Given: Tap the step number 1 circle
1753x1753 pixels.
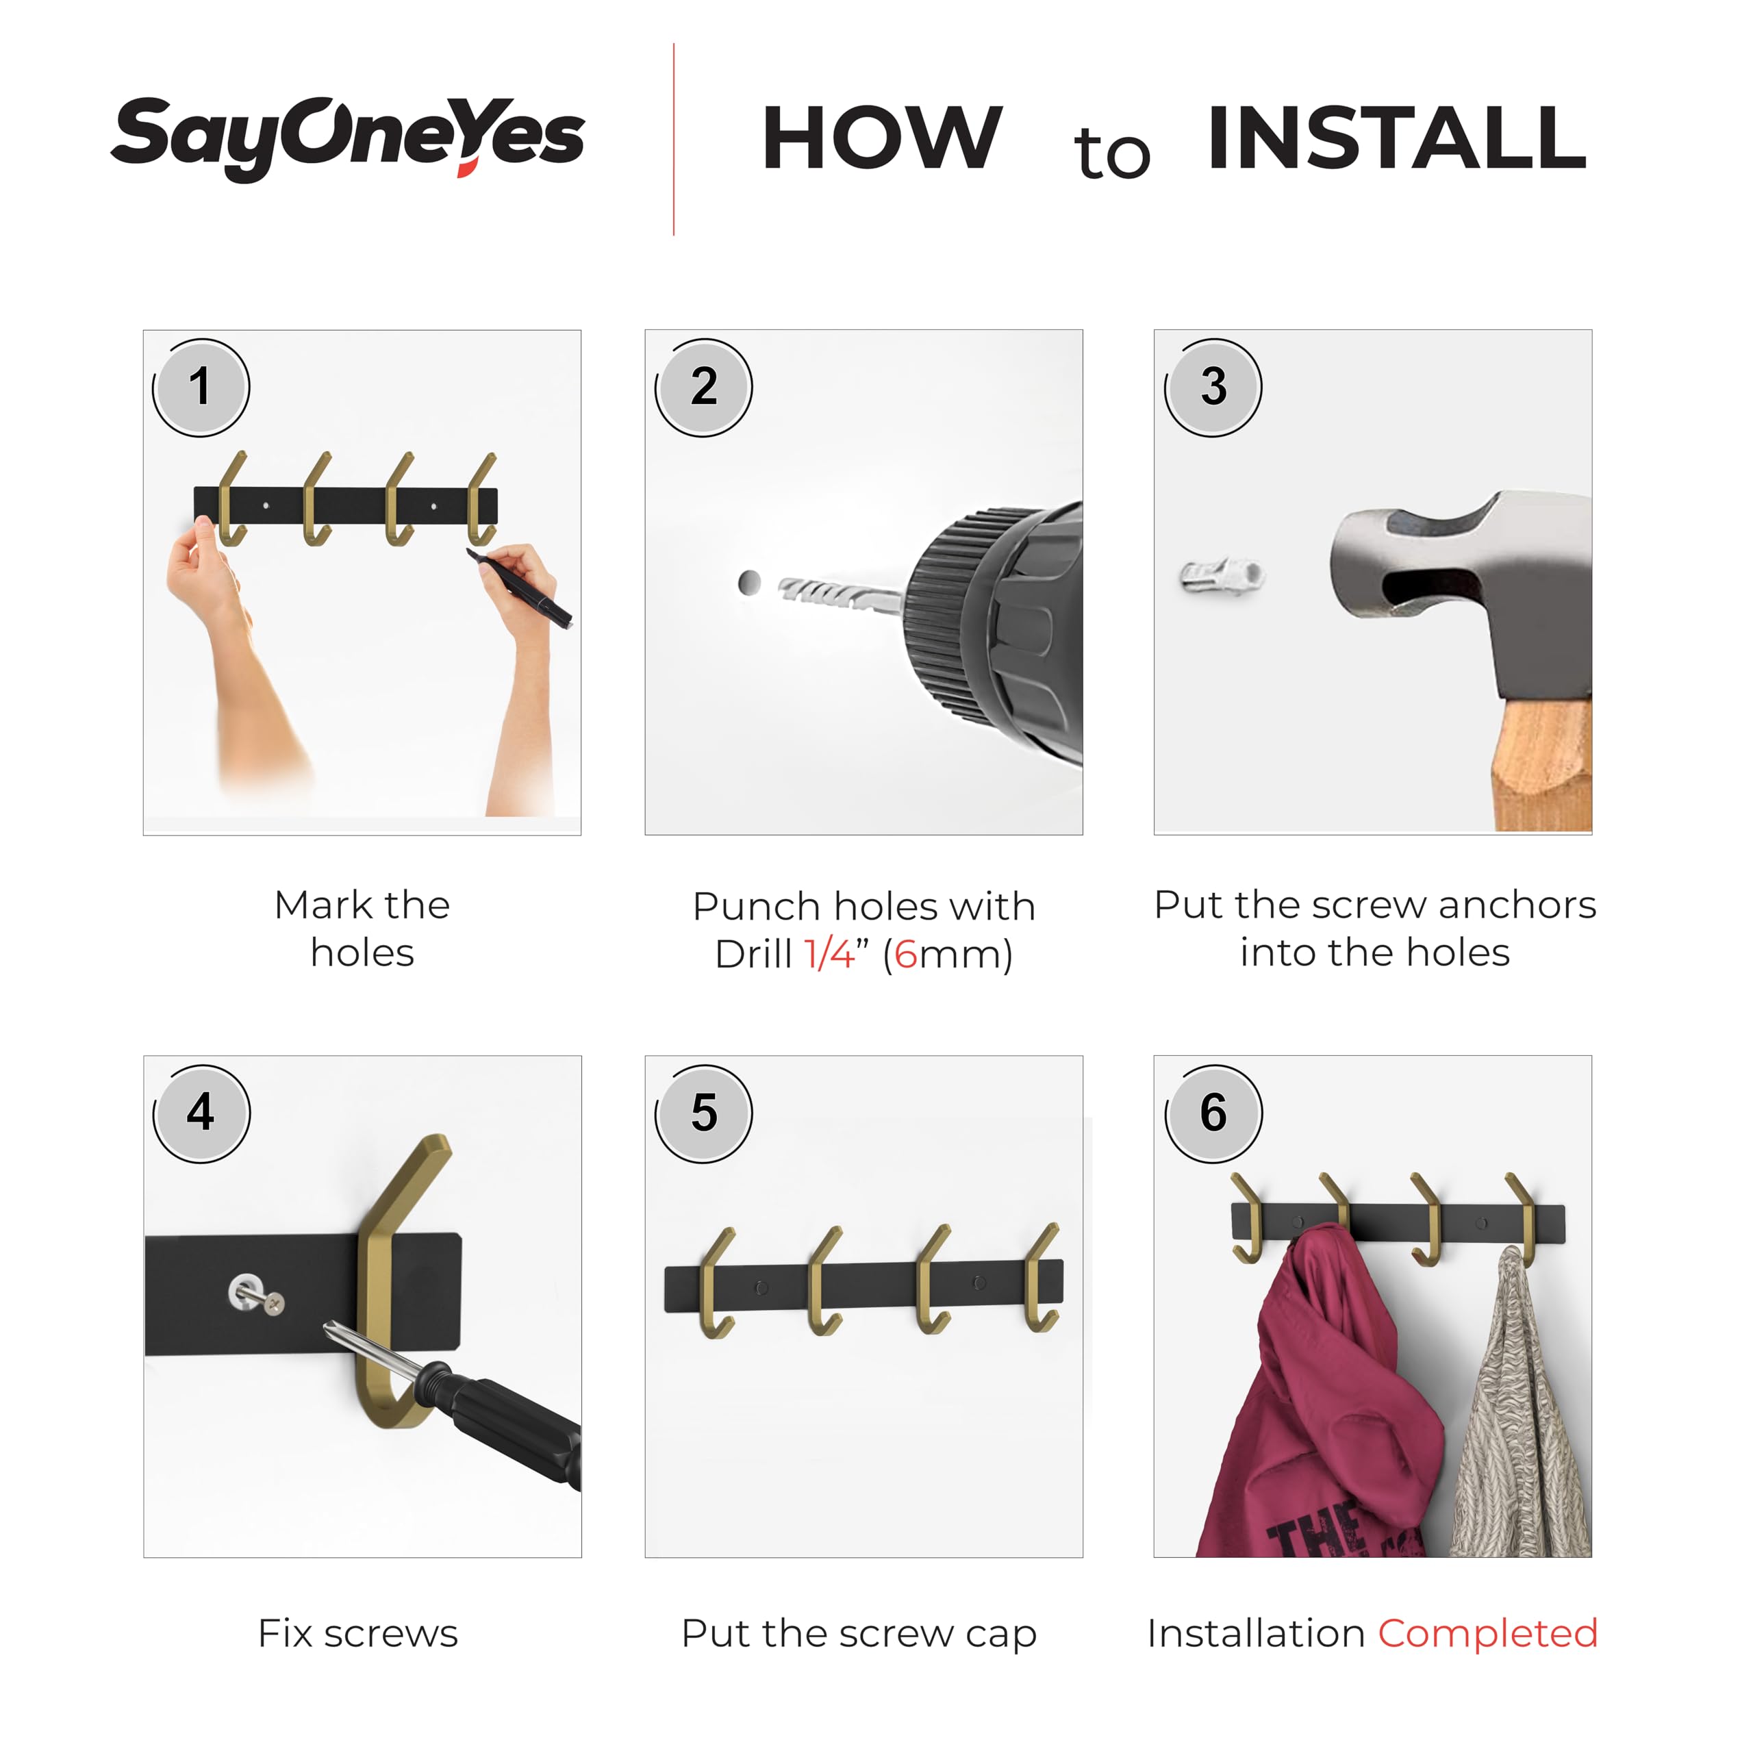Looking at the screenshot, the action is click(x=201, y=388).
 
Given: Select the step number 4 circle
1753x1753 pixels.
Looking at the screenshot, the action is click(x=201, y=1113).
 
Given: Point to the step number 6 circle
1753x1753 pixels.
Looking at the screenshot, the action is click(x=1213, y=1113).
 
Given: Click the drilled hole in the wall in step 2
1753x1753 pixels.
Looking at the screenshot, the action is click(x=749, y=583).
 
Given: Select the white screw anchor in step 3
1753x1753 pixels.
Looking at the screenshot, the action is click(x=1222, y=575).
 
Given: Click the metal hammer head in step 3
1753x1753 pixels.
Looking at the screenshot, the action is click(x=1461, y=594).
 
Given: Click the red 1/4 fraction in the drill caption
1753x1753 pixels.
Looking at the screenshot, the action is click(x=829, y=955).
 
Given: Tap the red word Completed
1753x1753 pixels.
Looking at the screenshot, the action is click(x=1487, y=1633).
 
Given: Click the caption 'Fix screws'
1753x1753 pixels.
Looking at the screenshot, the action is click(x=357, y=1633).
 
